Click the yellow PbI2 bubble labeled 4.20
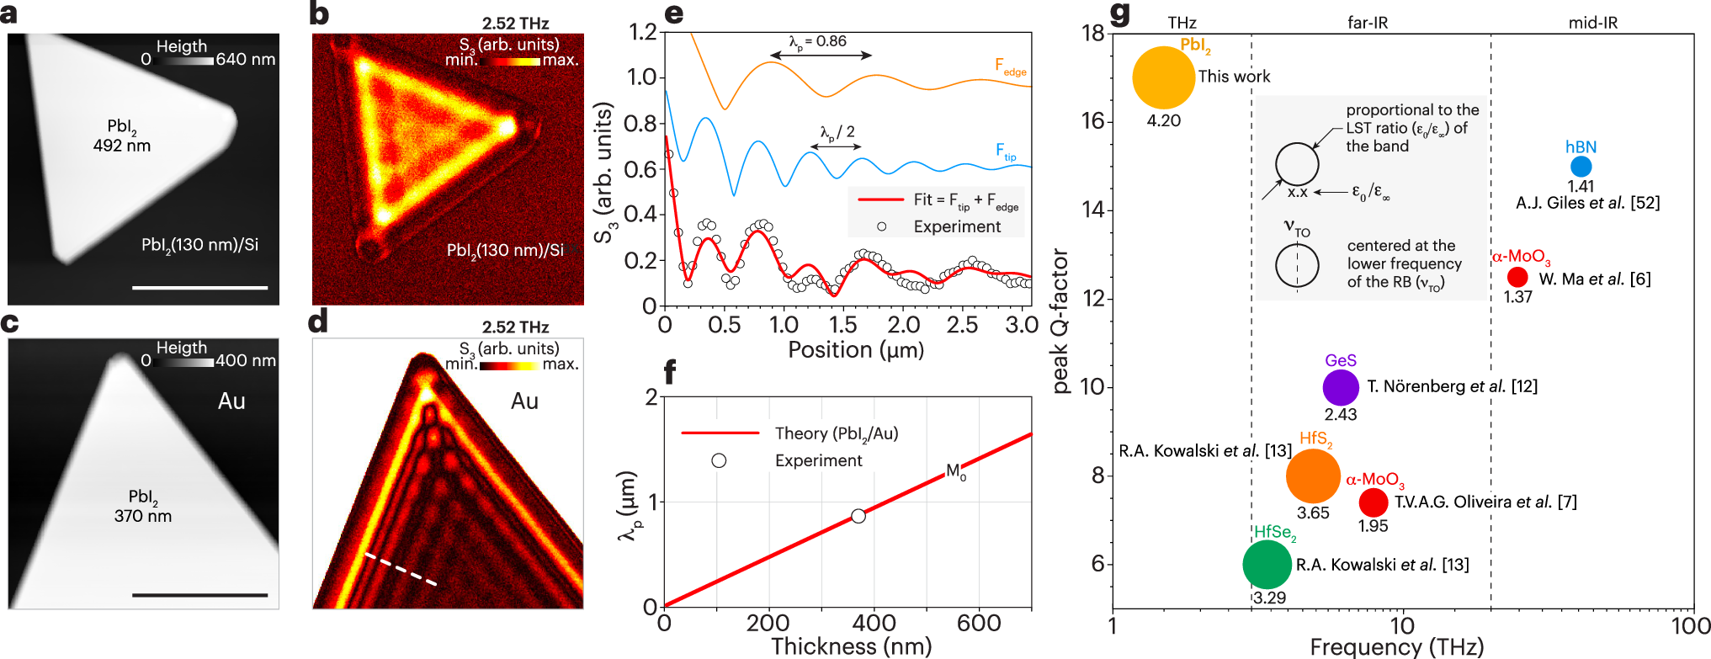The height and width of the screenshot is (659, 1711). pos(1163,77)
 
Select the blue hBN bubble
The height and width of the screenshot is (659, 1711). pos(1581,167)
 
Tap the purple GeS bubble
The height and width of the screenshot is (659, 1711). pos(1340,387)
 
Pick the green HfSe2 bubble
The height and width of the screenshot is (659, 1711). pos(1267,564)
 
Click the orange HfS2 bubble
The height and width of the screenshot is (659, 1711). pos(1312,476)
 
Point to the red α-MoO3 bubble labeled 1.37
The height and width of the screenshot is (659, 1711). pos(1517,277)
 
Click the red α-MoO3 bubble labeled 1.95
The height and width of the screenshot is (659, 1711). pos(1373,502)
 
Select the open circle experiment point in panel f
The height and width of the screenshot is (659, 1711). pos(858,516)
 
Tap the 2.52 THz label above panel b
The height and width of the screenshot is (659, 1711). pos(515,23)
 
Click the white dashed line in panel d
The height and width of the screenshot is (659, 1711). pos(400,569)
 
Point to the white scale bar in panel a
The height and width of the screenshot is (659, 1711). pos(199,288)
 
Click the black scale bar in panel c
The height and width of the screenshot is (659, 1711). pos(199,595)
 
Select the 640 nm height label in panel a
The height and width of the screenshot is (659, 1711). pos(245,60)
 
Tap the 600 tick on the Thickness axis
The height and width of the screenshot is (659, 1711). pos(978,624)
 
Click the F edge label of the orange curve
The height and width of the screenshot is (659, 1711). pos(1010,66)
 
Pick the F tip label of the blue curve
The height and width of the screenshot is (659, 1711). pos(1006,151)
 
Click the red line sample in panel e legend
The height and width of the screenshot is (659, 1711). pos(879,199)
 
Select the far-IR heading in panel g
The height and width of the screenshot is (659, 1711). pos(1367,23)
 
